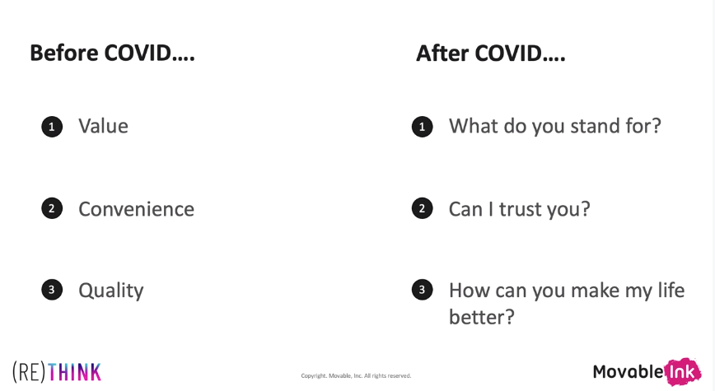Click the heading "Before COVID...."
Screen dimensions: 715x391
tap(112, 53)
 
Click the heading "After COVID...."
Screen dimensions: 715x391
tap(491, 54)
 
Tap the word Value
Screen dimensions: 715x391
tap(103, 126)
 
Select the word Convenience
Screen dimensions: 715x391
tap(137, 209)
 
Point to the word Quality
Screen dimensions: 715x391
tap(111, 291)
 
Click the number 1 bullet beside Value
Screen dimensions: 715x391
tap(52, 127)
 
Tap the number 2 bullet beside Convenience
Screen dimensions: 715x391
tap(52, 208)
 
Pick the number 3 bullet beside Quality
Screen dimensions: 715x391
tap(52, 290)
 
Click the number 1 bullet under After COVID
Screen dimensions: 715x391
tap(423, 127)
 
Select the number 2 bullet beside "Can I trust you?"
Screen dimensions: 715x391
tap(423, 208)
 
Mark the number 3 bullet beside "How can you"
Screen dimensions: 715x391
tap(423, 290)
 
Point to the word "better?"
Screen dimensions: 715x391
tap(482, 317)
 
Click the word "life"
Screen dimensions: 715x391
tap(671, 291)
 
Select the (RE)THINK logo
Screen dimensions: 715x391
tap(57, 372)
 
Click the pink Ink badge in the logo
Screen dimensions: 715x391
tap(682, 372)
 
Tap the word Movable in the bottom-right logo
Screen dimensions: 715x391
tap(629, 372)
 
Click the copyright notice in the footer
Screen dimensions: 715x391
tap(356, 376)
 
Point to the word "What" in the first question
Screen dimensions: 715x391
tap(474, 126)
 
